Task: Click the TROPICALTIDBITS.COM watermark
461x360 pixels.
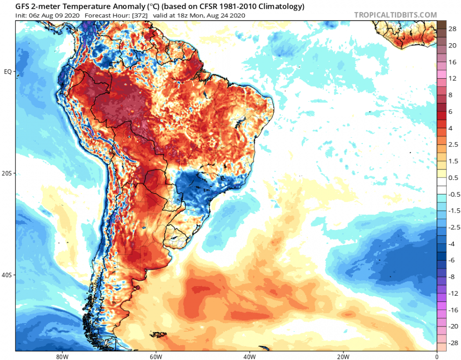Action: click(x=395, y=15)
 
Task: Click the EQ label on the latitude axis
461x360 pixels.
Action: click(x=8, y=72)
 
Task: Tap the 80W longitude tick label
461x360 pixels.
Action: click(x=61, y=356)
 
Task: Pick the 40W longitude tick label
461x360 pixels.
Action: click(x=249, y=356)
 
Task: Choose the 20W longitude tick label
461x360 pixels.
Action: click(x=343, y=356)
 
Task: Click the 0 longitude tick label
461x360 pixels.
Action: click(x=437, y=356)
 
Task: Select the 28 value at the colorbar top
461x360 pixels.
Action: click(x=452, y=29)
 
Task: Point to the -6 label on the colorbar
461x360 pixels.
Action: click(x=452, y=260)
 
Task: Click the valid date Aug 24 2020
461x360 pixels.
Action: click(x=228, y=15)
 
